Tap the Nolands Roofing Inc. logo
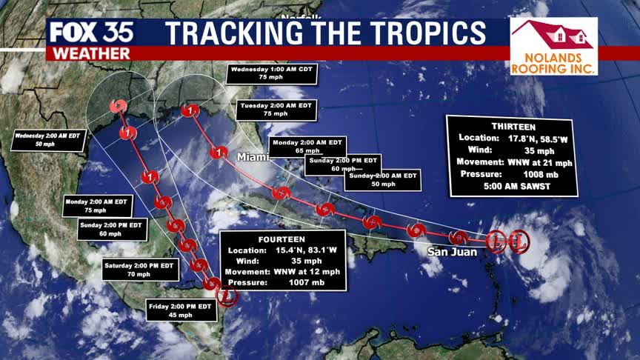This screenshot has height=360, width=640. tap(553, 46)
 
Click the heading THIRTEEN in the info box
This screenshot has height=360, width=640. tap(513, 126)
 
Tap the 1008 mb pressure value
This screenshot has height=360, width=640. tap(539, 174)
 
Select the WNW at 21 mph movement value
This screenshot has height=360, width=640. tap(539, 161)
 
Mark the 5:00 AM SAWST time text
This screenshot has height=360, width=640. tap(513, 187)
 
